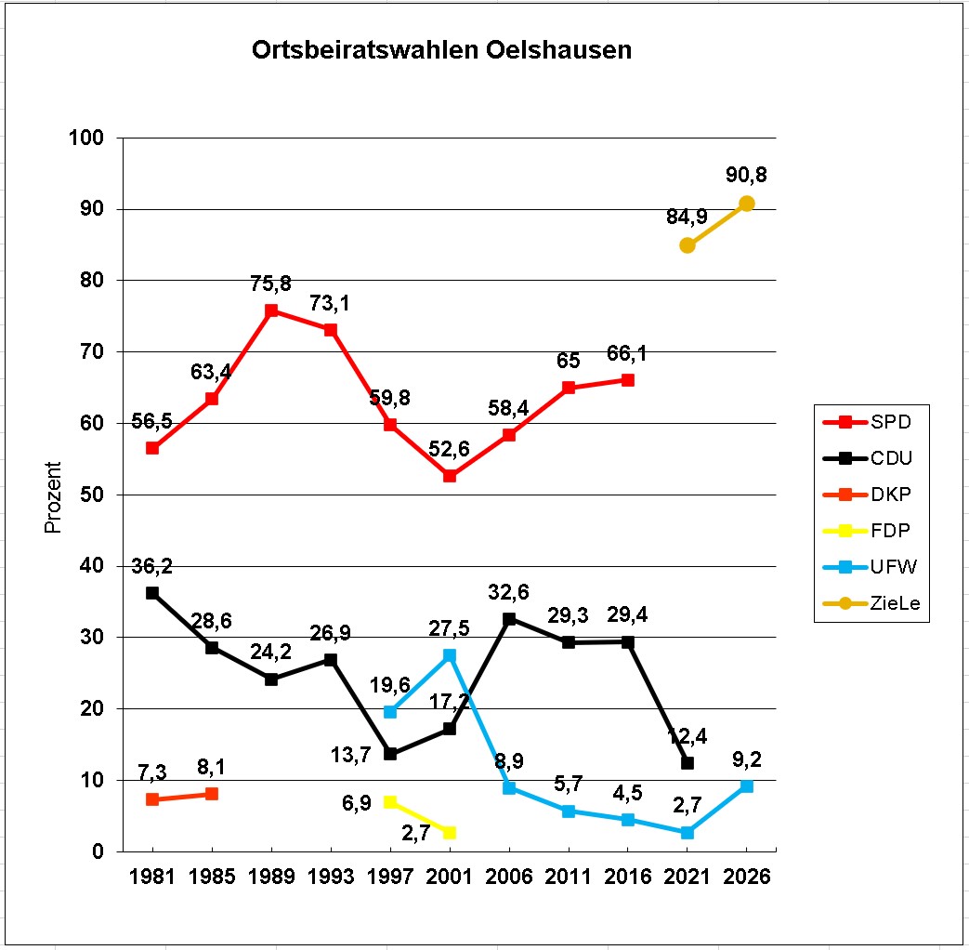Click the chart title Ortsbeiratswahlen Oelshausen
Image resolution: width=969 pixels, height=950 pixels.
[441, 50]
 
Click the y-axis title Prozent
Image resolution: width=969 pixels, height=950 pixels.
[53, 496]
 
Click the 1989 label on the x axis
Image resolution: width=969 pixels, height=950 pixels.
[270, 877]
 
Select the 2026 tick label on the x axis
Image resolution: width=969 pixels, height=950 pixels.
[746, 877]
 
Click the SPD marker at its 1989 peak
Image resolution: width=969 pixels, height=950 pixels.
[271, 310]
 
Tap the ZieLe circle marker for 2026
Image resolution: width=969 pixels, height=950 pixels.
[746, 204]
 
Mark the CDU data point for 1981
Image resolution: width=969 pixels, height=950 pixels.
[152, 593]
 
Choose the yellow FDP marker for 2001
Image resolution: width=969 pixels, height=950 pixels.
[450, 832]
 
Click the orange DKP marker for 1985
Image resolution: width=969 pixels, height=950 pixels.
[212, 794]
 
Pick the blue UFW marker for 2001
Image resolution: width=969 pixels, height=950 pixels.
[450, 655]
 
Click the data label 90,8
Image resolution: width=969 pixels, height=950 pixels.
[746, 175]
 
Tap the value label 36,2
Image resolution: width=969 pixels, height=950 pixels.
[152, 565]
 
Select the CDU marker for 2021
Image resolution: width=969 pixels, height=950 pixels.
[687, 763]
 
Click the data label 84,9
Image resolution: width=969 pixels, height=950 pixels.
[687, 218]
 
